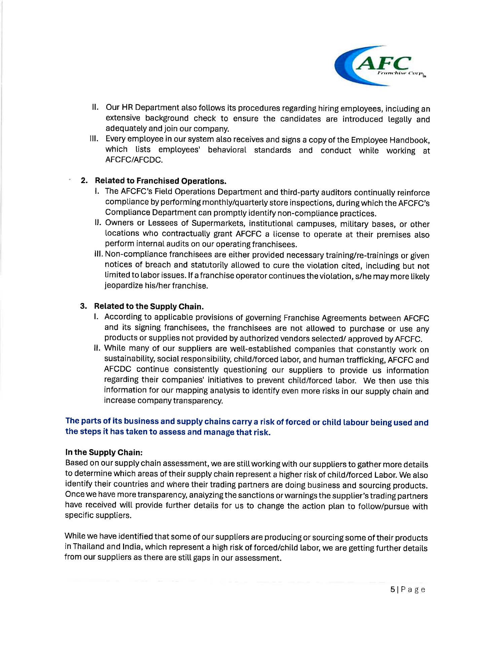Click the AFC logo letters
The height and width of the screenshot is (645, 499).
pyautogui.click(x=383, y=63)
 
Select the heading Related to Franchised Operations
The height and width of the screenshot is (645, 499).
pyautogui.click(x=160, y=181)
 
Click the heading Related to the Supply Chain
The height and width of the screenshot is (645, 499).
pyautogui.click(x=149, y=306)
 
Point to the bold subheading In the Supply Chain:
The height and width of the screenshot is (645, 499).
pyautogui.click(x=104, y=452)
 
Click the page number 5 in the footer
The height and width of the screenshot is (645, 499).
pyautogui.click(x=392, y=590)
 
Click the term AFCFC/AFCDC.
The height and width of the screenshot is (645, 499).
pyautogui.click(x=134, y=160)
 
